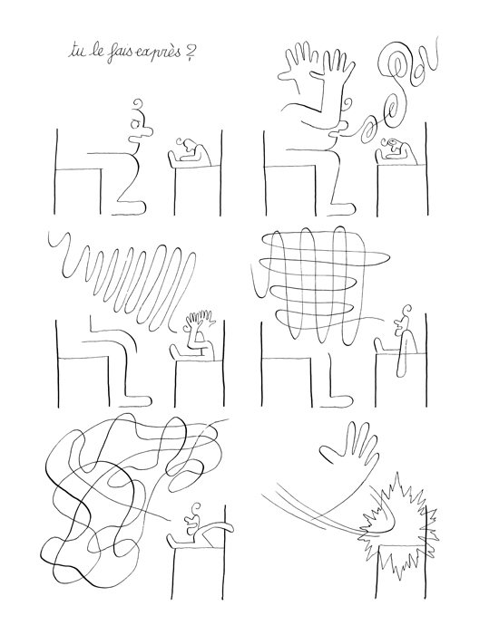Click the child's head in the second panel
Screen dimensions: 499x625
pos(393,145)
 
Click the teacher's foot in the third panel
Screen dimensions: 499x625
pos(138,399)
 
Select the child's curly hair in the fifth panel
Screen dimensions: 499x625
pos(196,509)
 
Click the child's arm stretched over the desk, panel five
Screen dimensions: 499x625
pos(218,526)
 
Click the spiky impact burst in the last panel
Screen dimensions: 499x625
pos(399,526)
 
